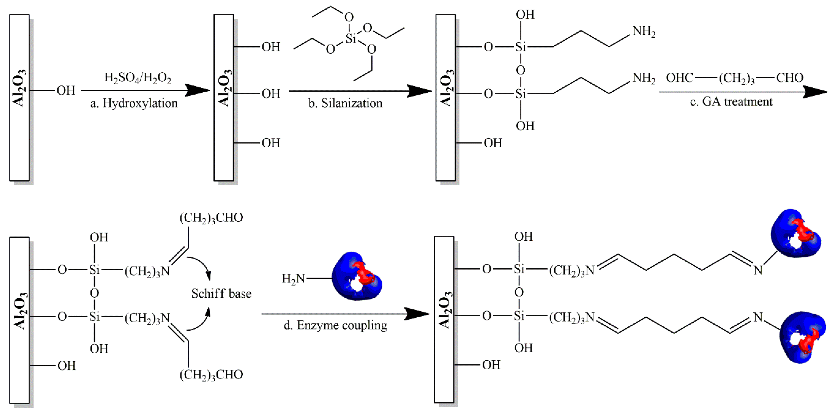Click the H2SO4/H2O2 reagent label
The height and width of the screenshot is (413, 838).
point(138,78)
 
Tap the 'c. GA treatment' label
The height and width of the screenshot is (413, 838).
point(731,102)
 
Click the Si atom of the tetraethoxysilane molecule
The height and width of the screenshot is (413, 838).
point(351,38)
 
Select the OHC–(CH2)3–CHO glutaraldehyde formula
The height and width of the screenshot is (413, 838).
point(734,78)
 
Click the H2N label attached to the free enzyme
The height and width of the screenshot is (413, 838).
point(293,278)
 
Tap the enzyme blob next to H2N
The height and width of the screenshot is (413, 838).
point(356,276)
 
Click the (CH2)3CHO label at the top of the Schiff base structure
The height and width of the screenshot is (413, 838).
point(211,217)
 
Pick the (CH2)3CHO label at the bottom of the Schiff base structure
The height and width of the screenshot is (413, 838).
point(211,375)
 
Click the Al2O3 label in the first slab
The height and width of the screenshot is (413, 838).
point(19,88)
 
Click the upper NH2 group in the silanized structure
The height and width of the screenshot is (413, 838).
point(643,32)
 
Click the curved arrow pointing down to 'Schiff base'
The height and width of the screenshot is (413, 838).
point(202,265)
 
